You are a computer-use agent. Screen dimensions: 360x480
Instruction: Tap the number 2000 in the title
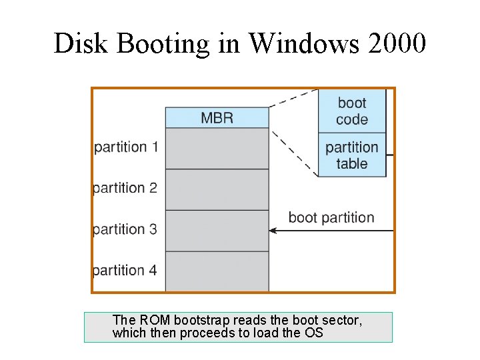click(398, 43)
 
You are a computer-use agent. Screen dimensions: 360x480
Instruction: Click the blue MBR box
click(217, 118)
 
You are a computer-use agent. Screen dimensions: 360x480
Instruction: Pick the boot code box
click(352, 111)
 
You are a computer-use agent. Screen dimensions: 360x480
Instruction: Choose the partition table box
click(352, 155)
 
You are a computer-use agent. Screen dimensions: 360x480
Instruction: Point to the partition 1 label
click(126, 147)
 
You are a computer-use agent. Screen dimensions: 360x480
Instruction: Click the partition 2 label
click(125, 188)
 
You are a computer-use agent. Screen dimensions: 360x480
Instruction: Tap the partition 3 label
click(125, 229)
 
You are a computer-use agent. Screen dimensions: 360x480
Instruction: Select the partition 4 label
click(125, 271)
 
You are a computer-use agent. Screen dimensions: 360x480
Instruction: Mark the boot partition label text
click(331, 217)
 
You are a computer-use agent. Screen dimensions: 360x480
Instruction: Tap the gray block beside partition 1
click(217, 149)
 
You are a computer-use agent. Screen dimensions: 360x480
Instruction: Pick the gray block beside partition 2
click(217, 190)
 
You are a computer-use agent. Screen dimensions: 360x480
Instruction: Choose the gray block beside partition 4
click(217, 271)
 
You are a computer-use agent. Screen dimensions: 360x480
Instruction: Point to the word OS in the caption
click(314, 333)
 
